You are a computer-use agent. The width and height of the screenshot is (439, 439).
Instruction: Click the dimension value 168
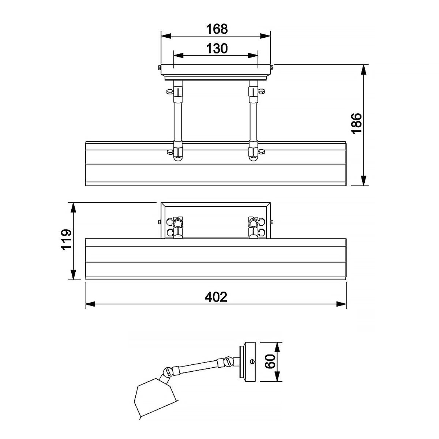(216, 29)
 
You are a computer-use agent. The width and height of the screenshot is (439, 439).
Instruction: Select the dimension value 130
(216, 48)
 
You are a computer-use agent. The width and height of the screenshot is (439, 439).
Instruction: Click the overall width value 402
(216, 297)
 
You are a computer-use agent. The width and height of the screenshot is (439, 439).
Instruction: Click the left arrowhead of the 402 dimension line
(90, 304)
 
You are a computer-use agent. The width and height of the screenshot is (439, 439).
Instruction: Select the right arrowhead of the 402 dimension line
(342, 304)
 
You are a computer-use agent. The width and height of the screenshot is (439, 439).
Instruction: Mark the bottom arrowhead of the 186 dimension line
(364, 181)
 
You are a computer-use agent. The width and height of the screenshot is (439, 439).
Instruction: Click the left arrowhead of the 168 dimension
(166, 36)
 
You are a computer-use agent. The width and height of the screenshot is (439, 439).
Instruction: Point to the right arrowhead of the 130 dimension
(253, 56)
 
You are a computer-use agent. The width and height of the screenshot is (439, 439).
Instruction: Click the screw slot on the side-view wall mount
(252, 361)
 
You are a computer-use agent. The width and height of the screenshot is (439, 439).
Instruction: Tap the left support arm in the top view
(177, 121)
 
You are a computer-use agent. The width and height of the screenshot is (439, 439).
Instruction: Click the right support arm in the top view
(253, 121)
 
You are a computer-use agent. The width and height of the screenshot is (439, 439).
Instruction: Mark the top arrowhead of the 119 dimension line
(73, 207)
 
